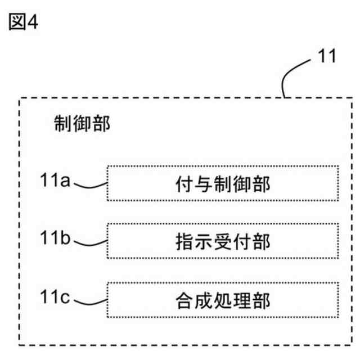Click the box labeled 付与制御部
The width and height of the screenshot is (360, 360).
point(223,183)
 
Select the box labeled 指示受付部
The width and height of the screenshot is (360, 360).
point(223,242)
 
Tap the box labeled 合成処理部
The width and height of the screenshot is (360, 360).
point(223,301)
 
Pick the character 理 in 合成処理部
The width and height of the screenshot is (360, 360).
point(242,301)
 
